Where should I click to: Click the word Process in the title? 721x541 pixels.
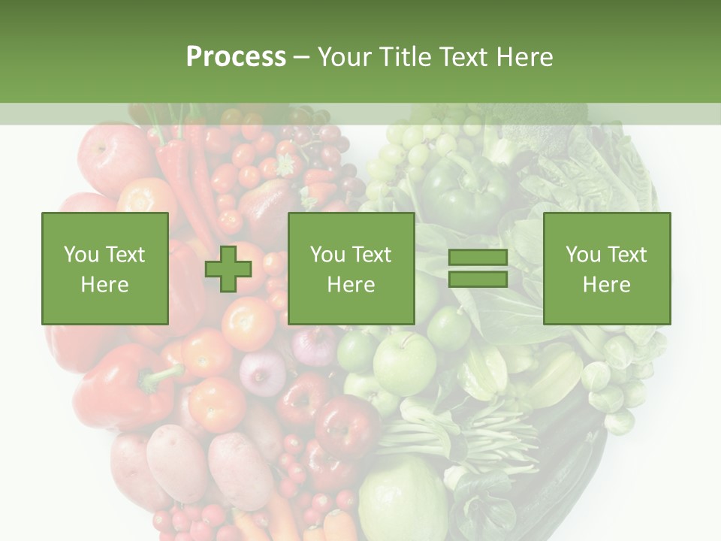[236, 57]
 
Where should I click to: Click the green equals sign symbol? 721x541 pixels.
[478, 268]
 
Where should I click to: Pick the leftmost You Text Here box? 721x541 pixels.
[105, 269]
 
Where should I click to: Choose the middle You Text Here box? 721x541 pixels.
[351, 269]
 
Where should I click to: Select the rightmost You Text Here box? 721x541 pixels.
[607, 269]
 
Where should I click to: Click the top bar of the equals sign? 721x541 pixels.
[478, 258]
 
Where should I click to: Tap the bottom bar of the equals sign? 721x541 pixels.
[478, 279]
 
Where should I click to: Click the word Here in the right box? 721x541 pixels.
[607, 285]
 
